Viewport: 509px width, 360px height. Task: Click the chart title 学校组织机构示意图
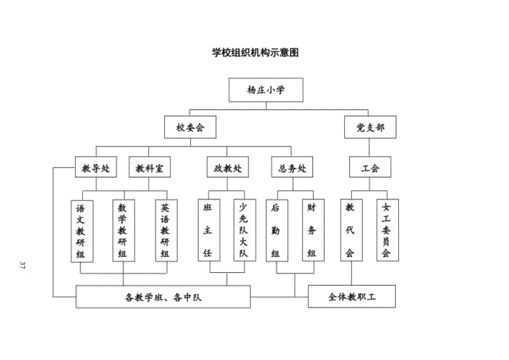(255, 52)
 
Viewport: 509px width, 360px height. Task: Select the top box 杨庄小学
(266, 90)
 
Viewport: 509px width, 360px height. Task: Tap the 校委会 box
(191, 128)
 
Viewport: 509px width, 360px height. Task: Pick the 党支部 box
(370, 128)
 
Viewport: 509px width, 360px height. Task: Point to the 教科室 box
(149, 168)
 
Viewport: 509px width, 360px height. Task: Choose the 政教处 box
(228, 168)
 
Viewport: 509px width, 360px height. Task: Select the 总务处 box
(293, 168)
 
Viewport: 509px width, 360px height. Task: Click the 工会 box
(370, 168)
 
